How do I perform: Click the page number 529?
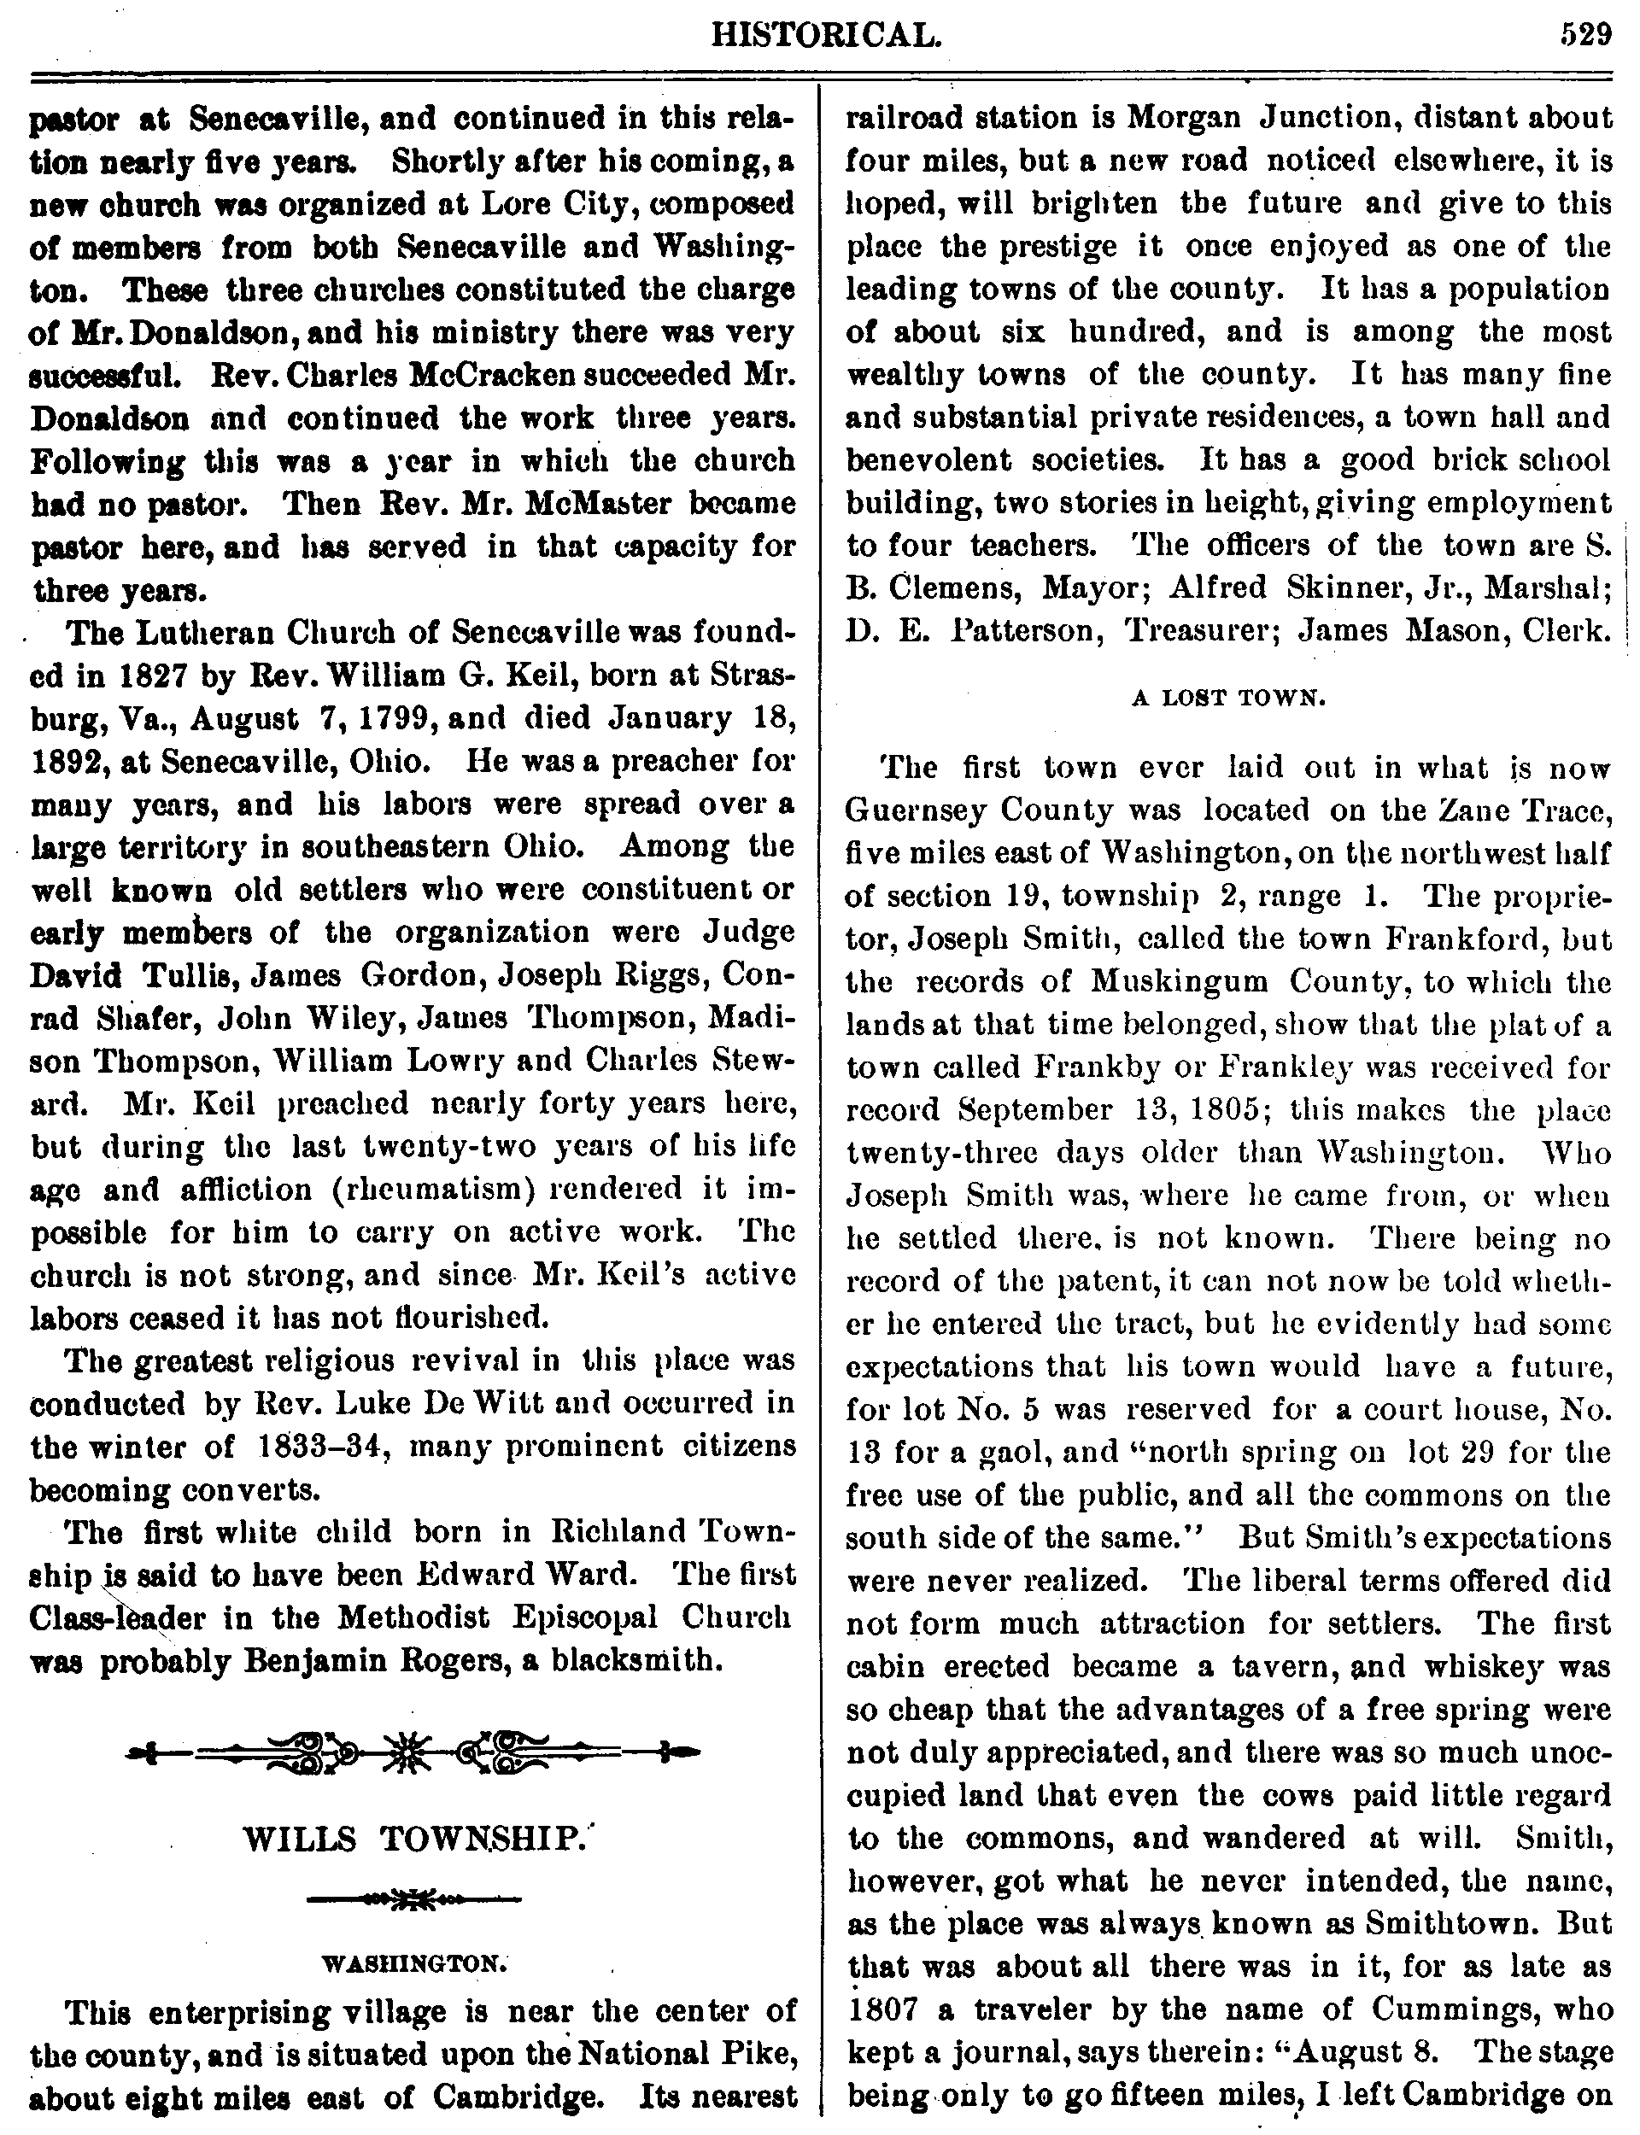(x=1584, y=36)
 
